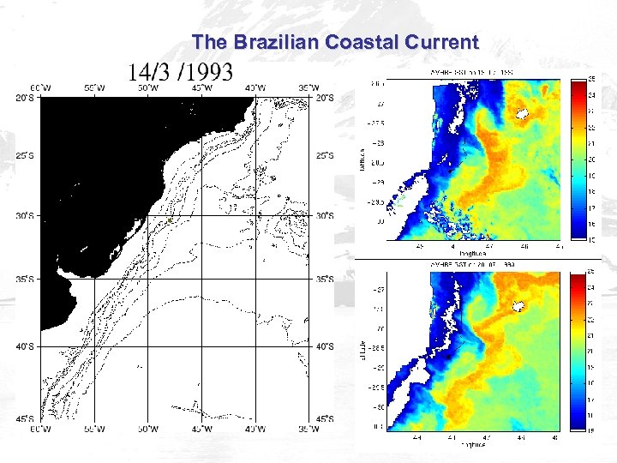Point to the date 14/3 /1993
coord(180,70)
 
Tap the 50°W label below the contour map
coord(148,427)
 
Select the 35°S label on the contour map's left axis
coord(26,279)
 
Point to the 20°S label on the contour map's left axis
coord(26,98)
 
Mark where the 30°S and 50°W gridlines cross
coord(148,215)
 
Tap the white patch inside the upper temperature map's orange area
coord(521,112)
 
